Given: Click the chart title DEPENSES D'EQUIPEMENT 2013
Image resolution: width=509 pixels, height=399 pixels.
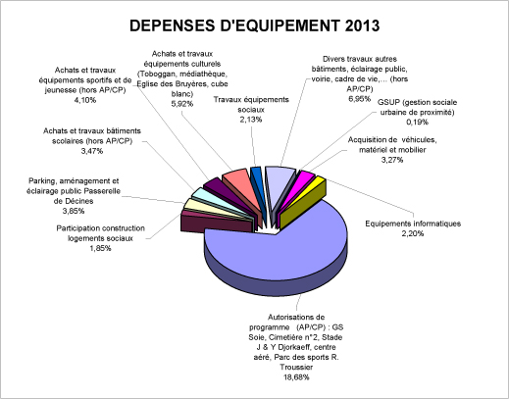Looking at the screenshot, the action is coord(254,25).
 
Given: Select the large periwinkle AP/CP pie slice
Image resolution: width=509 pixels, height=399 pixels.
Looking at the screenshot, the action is coord(278,252).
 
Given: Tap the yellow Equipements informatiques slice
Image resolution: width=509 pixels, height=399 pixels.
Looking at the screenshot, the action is coord(302,203).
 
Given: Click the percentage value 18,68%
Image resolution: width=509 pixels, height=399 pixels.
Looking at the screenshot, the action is coord(296,377).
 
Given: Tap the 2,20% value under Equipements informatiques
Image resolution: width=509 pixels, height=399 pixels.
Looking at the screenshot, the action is coord(413,233).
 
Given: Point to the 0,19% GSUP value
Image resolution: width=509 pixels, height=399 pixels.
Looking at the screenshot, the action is coord(417,123).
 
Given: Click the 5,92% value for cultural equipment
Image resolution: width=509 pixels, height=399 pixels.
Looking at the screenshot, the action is coord(182,104).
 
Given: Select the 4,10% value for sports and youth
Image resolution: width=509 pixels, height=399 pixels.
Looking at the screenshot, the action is coord(85,100).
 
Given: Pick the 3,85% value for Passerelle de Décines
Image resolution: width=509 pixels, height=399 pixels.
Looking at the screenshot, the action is coord(74,211).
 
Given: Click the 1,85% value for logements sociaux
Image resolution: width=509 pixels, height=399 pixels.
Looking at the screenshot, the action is coord(100,248).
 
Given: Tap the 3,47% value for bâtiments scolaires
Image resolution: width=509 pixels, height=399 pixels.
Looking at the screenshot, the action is coord(92,151).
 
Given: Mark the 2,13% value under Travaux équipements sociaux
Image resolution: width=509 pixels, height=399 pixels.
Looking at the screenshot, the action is coord(251,120).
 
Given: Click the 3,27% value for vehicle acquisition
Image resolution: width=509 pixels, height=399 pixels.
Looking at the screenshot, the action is coord(392,160).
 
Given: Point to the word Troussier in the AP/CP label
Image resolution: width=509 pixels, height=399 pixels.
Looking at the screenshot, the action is coord(296,368).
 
